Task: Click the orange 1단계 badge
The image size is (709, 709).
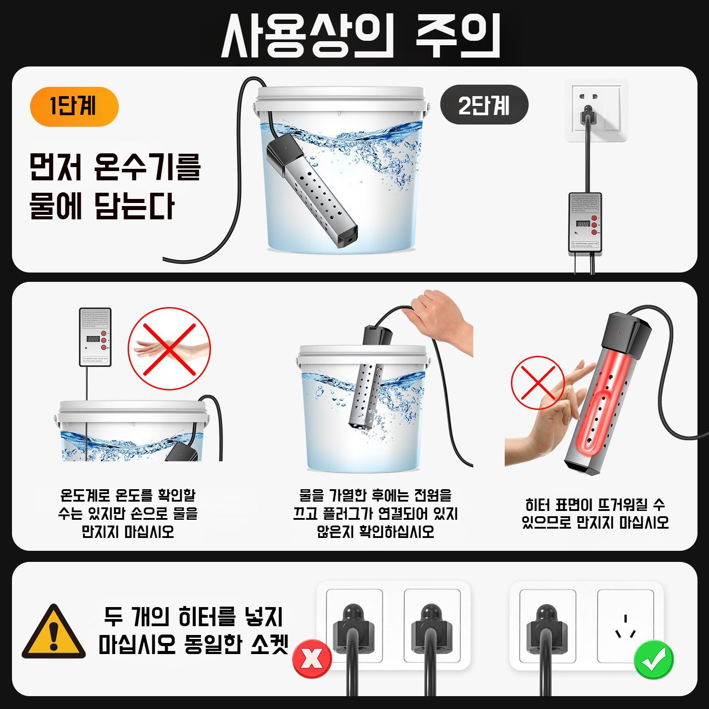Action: pyautogui.click(x=74, y=106)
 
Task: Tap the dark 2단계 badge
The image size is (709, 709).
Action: pyautogui.click(x=484, y=105)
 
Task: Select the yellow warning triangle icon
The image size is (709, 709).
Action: pyautogui.click(x=54, y=633)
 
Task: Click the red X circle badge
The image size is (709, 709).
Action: pyautogui.click(x=312, y=658)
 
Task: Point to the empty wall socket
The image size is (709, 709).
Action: pyautogui.click(x=625, y=625)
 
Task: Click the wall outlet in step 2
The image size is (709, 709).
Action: pyautogui.click(x=596, y=109)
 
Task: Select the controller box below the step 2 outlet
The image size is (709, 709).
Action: pyautogui.click(x=585, y=224)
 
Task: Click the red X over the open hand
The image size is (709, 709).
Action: pyautogui.click(x=169, y=349)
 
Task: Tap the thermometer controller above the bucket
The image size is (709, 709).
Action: pyautogui.click(x=95, y=337)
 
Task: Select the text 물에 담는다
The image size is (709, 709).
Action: pyautogui.click(x=102, y=206)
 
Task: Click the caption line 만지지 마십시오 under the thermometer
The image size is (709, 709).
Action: pyautogui.click(x=128, y=531)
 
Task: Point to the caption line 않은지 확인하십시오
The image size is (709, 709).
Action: pyautogui.click(x=375, y=531)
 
